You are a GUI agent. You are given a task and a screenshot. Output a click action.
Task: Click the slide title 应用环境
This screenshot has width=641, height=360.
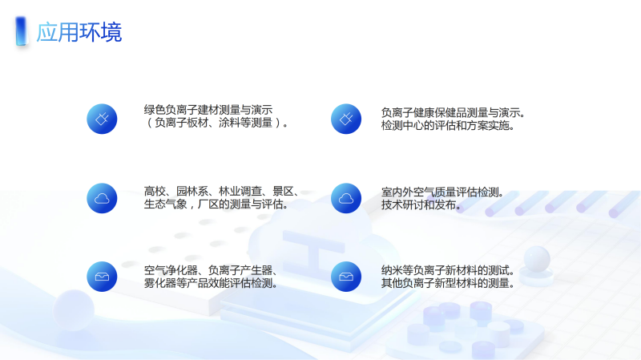(x=79, y=32)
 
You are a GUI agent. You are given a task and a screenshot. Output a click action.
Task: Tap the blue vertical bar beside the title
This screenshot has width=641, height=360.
(x=21, y=31)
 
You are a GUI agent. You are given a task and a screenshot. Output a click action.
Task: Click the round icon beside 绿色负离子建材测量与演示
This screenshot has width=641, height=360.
(x=102, y=119)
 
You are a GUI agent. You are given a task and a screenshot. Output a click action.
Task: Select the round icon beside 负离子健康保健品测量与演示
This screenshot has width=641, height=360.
(x=346, y=119)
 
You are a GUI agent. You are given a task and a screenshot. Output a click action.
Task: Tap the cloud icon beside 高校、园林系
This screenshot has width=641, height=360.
(x=102, y=198)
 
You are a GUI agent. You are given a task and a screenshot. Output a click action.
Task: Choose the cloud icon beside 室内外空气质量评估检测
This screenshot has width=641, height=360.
(x=346, y=198)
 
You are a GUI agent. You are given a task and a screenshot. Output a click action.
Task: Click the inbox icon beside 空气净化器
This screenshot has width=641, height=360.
(x=102, y=277)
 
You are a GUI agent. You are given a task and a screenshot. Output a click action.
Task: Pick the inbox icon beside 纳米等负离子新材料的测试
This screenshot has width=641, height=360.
(x=346, y=277)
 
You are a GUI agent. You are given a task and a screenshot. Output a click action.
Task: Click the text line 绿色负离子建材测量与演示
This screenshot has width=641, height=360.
(x=208, y=110)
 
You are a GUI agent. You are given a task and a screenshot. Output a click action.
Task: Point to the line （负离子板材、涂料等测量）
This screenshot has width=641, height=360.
(x=216, y=123)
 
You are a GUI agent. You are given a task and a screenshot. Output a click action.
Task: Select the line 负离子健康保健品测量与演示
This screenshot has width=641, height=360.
(x=453, y=112)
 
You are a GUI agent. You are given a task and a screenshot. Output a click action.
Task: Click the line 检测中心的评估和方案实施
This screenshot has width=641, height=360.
(x=448, y=125)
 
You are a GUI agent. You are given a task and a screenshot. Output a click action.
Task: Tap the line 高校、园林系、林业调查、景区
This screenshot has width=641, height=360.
(x=221, y=191)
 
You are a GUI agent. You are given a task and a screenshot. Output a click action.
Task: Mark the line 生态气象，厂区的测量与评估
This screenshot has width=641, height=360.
(x=216, y=204)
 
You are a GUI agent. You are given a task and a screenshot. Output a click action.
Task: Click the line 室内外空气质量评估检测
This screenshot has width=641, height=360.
(x=442, y=192)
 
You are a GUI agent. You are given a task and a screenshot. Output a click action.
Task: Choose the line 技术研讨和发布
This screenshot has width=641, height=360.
(x=421, y=204)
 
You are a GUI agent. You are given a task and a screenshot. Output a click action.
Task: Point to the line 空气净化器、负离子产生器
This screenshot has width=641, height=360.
(x=211, y=270)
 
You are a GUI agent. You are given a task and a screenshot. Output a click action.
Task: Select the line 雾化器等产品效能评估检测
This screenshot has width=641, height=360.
(x=211, y=283)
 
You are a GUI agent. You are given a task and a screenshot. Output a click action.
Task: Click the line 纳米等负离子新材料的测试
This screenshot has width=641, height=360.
(x=448, y=270)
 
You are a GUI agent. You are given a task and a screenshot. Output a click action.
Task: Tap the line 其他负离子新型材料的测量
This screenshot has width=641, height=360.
(x=448, y=283)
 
